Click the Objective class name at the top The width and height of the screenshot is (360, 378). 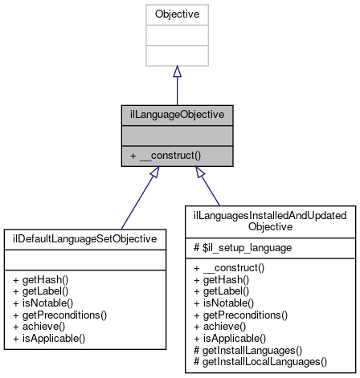point(177,14)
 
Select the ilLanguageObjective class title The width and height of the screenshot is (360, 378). point(177,113)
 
